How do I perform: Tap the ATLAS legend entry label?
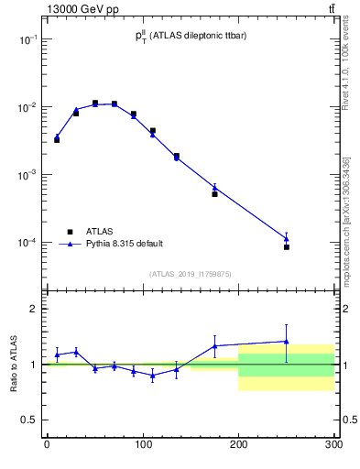tap(100, 232)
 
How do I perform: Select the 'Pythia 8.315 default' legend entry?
tap(125, 244)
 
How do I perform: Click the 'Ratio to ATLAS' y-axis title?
tap(13, 365)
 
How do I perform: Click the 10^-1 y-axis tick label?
tap(27, 39)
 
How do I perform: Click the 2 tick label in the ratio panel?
tap(34, 309)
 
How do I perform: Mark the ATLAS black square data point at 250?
tap(287, 247)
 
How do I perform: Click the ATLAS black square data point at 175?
tap(214, 194)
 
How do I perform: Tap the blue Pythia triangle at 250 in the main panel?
tap(287, 238)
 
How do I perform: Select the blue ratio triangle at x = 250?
tap(287, 342)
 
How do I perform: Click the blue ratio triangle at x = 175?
tap(214, 346)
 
